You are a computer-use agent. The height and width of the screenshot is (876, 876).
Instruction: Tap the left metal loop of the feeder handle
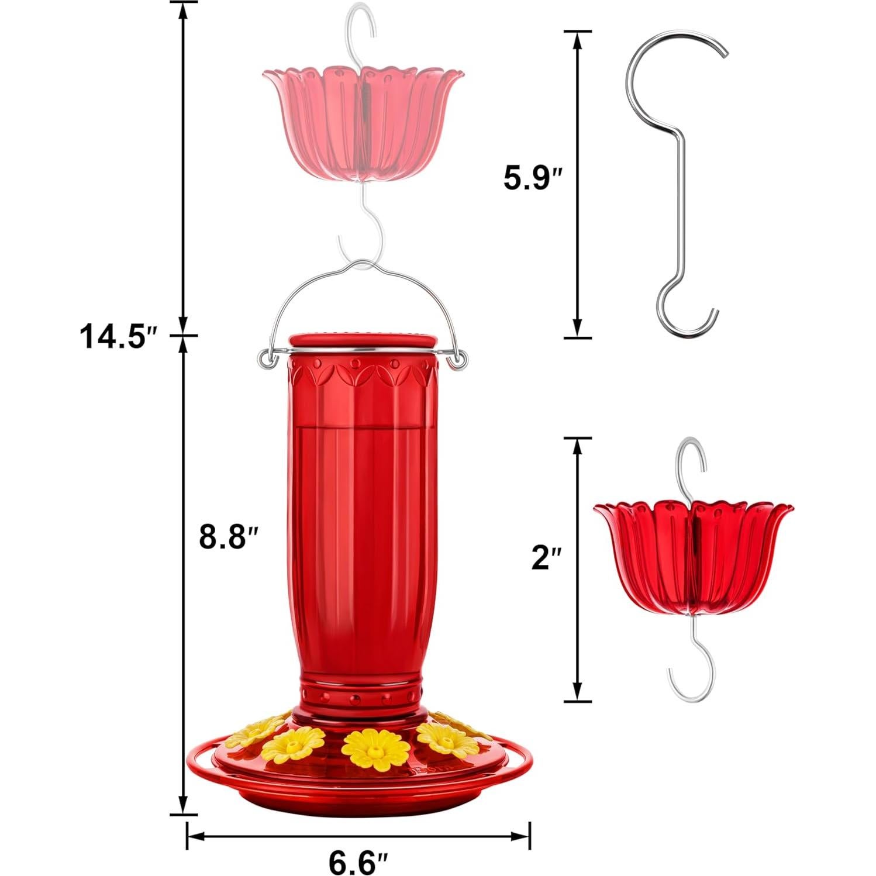pos(266,360)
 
